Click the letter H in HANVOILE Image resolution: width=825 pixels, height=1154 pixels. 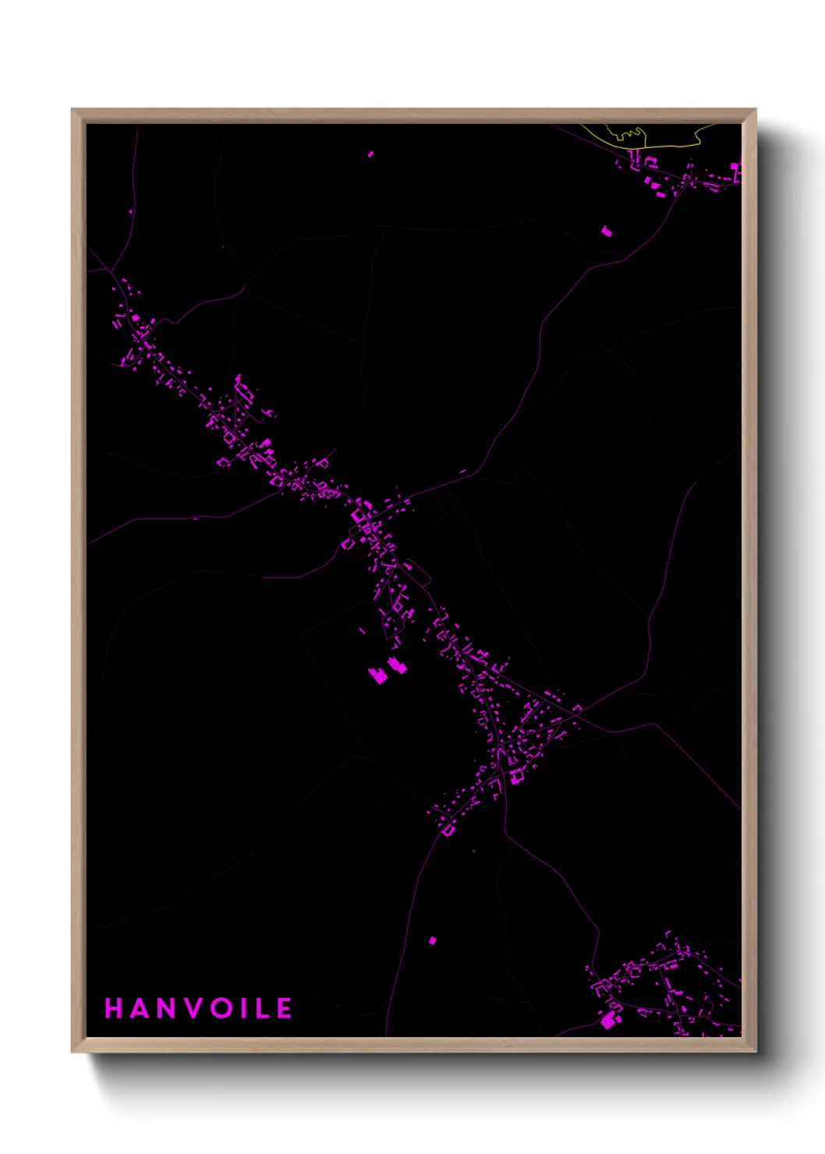[114, 1008]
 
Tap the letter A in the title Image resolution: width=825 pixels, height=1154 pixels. [138, 1008]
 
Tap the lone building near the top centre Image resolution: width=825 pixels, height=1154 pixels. [370, 154]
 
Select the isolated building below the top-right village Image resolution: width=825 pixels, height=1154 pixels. [607, 231]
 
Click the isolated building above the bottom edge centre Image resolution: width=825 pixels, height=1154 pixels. [433, 940]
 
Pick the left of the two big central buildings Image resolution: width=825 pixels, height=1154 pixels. [378, 674]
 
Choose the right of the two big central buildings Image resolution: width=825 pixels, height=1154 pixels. [397, 666]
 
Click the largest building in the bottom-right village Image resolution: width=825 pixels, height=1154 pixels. [608, 1020]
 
